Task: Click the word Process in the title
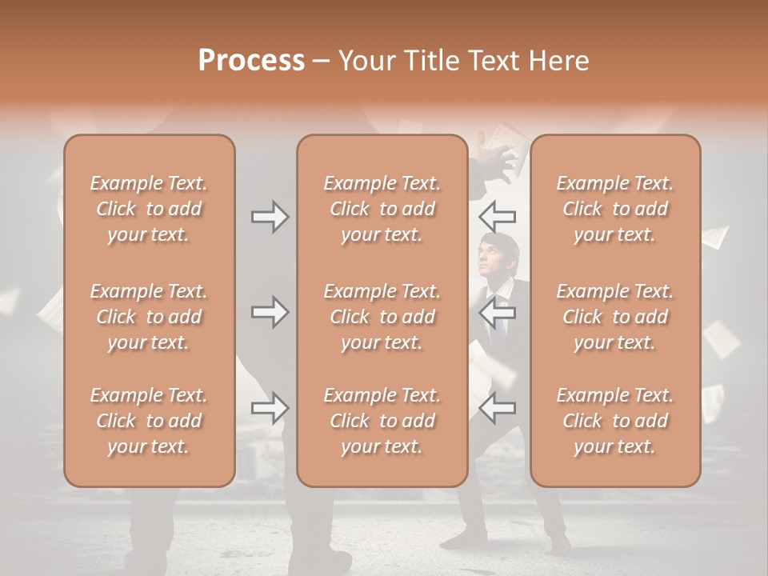pyautogui.click(x=251, y=61)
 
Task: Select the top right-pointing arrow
pyautogui.click(x=270, y=217)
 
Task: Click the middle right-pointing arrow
pyautogui.click(x=270, y=312)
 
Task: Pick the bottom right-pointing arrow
pyautogui.click(x=270, y=408)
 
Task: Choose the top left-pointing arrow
pyautogui.click(x=498, y=217)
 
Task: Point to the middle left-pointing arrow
pyautogui.click(x=498, y=312)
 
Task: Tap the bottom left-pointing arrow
pyautogui.click(x=498, y=408)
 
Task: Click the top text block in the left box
pyautogui.click(x=149, y=209)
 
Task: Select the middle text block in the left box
pyautogui.click(x=149, y=317)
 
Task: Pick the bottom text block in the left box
pyautogui.click(x=149, y=421)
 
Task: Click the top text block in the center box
pyautogui.click(x=382, y=209)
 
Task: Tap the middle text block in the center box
pyautogui.click(x=382, y=317)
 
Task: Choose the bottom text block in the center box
pyautogui.click(x=382, y=421)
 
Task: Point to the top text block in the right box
pyautogui.click(x=615, y=209)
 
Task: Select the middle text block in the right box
pyautogui.click(x=615, y=317)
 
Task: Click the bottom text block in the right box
pyautogui.click(x=615, y=421)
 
